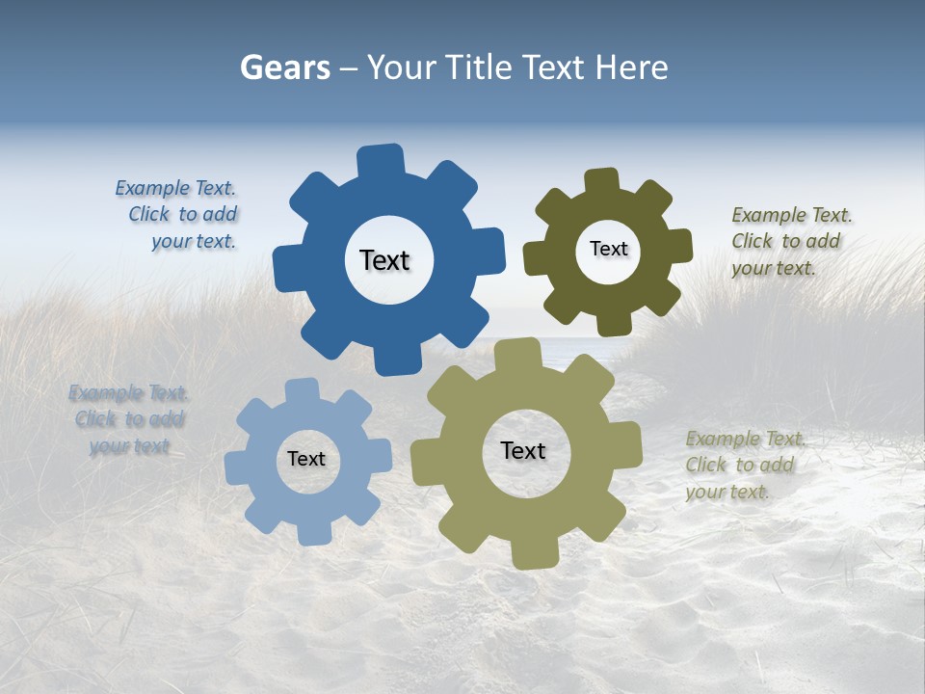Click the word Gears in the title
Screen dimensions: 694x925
point(284,68)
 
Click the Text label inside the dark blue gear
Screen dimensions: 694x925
point(384,260)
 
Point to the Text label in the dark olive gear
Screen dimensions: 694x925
point(608,249)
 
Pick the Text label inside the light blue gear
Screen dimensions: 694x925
point(306,459)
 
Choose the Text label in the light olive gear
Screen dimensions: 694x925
point(523,450)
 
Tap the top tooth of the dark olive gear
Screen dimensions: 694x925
point(602,182)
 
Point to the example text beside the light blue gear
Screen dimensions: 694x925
point(129,419)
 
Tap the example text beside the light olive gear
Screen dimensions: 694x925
point(742,465)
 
